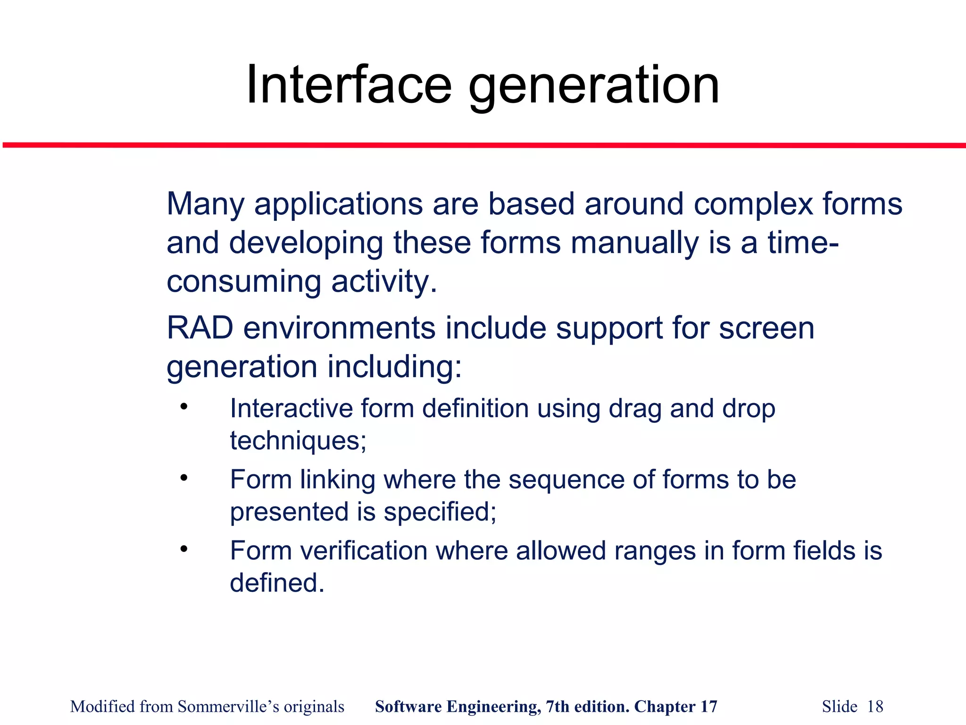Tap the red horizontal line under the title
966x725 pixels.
pos(483,145)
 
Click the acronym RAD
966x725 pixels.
pos(200,328)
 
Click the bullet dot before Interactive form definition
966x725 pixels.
pos(184,406)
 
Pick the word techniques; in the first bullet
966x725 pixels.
pos(298,441)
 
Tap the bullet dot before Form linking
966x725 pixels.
pos(184,478)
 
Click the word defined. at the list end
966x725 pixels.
pos(277,583)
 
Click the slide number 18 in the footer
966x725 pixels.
pos(875,707)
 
